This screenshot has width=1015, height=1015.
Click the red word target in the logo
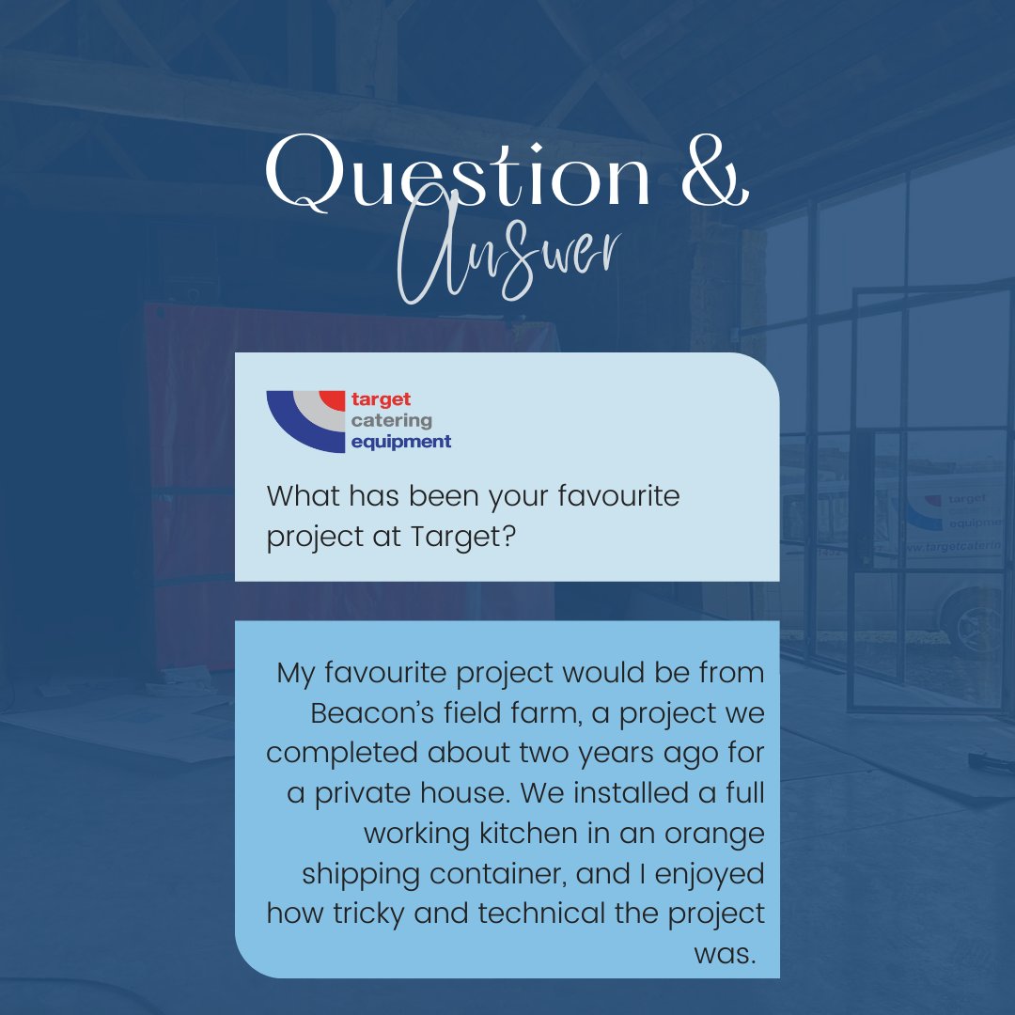pos(381,399)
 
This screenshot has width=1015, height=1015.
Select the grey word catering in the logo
pos(391,420)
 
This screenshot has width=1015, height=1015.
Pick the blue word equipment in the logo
pos(400,441)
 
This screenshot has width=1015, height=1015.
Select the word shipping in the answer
pos(360,873)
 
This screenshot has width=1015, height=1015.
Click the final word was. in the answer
pos(725,953)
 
